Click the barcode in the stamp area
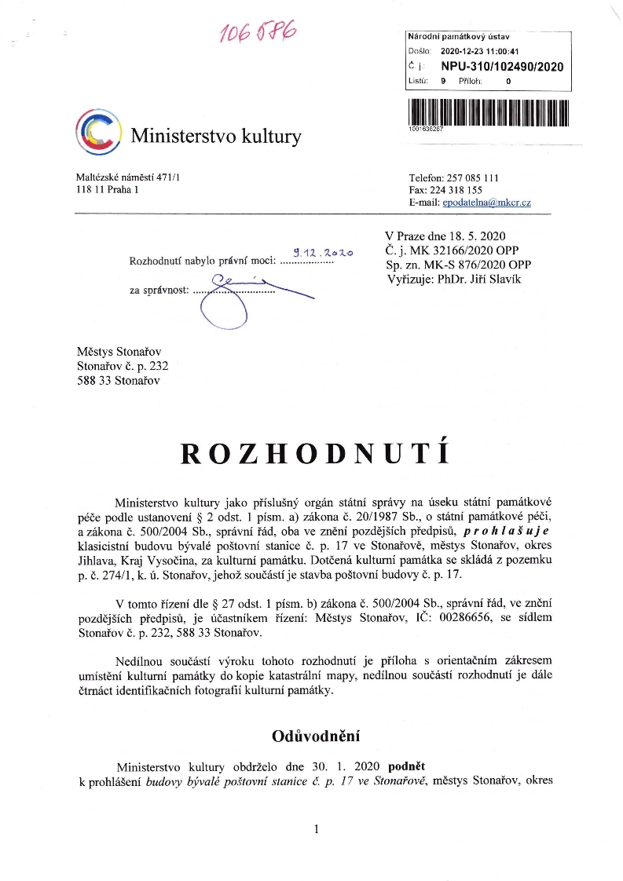pyautogui.click(x=487, y=111)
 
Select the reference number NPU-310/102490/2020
pyautogui.click(x=502, y=67)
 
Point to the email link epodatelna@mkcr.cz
pyautogui.click(x=486, y=203)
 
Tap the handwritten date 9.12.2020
pyautogui.click(x=323, y=253)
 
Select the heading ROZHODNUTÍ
pyautogui.click(x=314, y=453)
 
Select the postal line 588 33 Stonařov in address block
pyautogui.click(x=118, y=381)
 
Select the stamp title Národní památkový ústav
pyautogui.click(x=460, y=36)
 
